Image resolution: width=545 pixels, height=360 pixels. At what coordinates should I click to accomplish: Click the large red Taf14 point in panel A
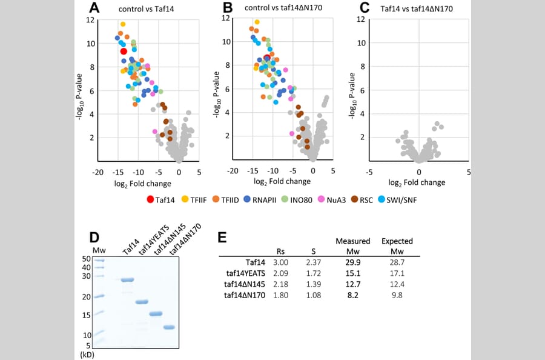click(x=124, y=52)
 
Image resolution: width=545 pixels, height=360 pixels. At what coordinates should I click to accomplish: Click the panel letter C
click(x=364, y=8)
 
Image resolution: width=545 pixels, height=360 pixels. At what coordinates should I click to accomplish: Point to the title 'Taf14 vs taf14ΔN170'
click(x=417, y=8)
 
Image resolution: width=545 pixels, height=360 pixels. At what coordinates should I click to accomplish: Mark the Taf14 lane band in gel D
click(x=127, y=280)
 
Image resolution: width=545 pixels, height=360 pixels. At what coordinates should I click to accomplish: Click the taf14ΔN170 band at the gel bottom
click(x=169, y=327)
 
